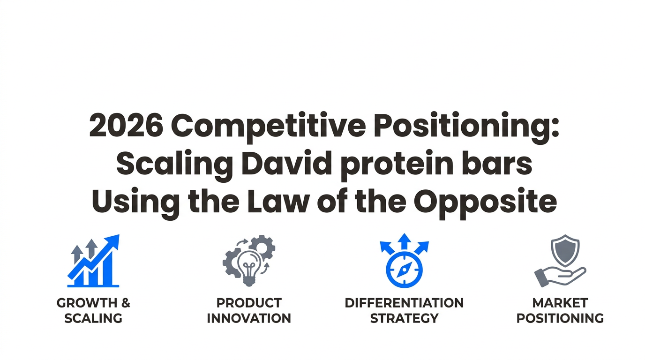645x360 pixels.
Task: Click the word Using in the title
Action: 135,203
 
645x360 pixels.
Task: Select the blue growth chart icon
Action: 93,261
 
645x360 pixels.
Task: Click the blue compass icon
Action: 404,270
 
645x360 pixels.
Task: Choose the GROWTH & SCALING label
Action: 93,311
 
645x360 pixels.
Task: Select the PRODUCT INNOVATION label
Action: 249,311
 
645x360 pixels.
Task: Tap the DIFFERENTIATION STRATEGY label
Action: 404,311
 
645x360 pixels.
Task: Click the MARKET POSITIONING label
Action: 560,311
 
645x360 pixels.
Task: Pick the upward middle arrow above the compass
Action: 405,241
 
